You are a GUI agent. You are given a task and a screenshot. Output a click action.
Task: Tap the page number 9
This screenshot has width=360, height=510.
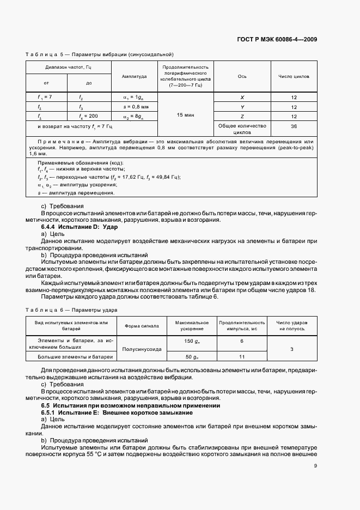[315, 466]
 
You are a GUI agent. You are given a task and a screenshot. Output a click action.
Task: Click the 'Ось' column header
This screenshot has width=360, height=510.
[242, 77]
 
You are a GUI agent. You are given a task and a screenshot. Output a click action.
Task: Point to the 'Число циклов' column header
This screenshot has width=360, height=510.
[294, 77]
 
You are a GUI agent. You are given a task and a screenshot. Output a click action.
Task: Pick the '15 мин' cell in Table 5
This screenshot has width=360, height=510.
[185, 116]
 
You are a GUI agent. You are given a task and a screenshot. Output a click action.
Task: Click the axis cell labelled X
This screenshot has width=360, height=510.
[242, 98]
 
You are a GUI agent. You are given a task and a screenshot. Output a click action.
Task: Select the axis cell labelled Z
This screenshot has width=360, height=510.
[242, 117]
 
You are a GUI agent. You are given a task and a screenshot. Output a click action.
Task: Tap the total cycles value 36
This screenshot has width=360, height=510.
[294, 126]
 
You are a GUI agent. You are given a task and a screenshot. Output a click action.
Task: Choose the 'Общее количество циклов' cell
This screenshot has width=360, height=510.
[242, 129]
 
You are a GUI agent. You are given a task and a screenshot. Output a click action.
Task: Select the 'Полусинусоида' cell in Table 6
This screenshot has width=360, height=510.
[142, 349]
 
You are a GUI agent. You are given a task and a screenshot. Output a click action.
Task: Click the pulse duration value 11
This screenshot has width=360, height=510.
[242, 357]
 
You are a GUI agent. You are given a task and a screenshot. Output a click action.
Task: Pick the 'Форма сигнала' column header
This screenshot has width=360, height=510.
[142, 326]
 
